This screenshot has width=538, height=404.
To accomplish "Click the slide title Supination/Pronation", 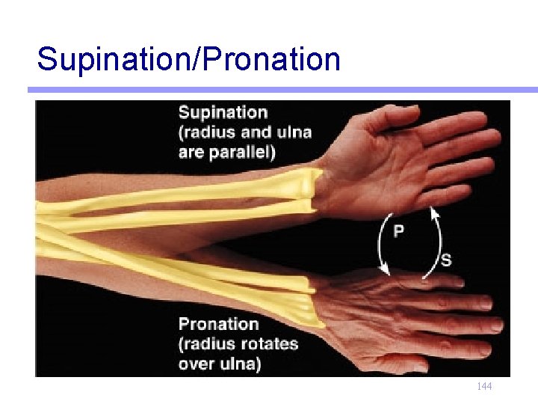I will point(188,58).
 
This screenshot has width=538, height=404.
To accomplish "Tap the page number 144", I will point(484,387).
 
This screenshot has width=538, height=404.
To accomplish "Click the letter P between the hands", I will point(399,230).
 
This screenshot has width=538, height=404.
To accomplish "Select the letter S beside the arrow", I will point(446,260).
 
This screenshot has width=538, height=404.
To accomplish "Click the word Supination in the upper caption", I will point(222,113).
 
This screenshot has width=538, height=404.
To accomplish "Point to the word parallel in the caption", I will point(238,153).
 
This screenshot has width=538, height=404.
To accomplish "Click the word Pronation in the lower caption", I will point(218,324).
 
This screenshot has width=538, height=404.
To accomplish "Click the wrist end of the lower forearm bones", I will point(310,299).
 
